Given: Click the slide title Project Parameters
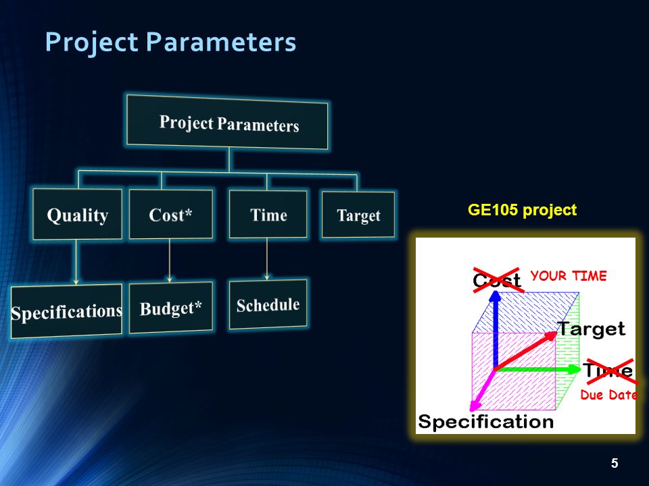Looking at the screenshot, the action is pos(170,42).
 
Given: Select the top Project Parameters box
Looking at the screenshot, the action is pos(227,122).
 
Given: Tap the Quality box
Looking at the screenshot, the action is pos(77,214).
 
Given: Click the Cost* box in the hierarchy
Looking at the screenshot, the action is pos(170,214).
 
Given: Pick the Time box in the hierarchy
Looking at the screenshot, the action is pos(268,214).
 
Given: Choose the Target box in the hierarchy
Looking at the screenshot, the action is pos(358,215).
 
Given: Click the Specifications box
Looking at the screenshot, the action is pos(67,310).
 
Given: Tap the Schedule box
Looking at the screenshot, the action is pos(268,304).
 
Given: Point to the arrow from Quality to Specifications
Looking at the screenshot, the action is pos(76,262).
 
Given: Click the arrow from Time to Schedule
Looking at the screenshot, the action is pos(267,259).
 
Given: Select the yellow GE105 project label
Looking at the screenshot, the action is pos(522,210).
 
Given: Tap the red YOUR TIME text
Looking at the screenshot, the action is pos(569,275).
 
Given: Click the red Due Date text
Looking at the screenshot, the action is pos(608,395).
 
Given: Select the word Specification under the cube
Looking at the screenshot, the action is pos(485,422).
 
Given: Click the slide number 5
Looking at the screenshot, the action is pos(615,463).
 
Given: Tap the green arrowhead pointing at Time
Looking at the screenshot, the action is pos(574,369).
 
